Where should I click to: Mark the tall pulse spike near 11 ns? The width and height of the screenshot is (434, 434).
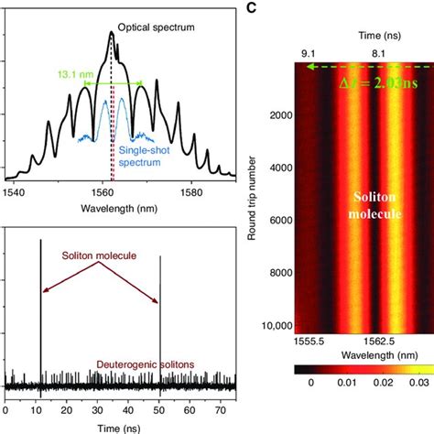pos(41,302)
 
